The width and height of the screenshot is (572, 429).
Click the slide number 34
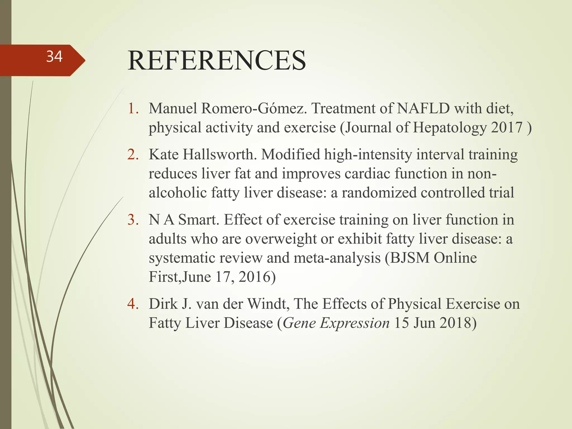tap(54, 57)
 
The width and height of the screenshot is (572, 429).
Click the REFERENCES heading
tap(216, 60)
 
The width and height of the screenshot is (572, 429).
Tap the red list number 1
tap(133, 108)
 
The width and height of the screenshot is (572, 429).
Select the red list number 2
tap(133, 154)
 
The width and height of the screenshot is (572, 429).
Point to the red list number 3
tap(133, 220)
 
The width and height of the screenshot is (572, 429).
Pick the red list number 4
tap(133, 304)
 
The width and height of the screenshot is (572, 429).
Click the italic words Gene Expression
tap(336, 323)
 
